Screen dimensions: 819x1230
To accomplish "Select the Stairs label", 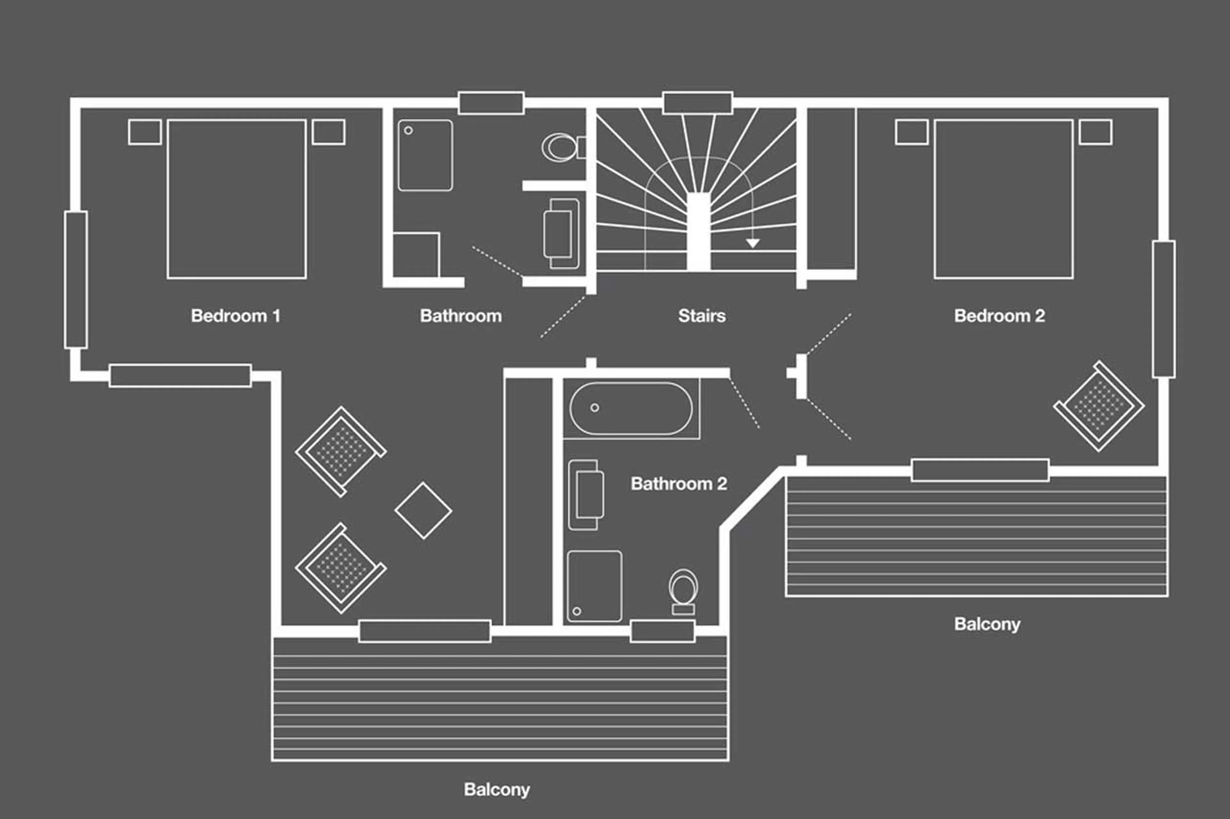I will click(x=701, y=316).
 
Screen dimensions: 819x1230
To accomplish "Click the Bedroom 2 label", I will click(x=999, y=316).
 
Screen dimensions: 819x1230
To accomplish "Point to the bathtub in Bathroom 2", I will click(x=631, y=408).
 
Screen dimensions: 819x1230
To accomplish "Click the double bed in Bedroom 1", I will click(x=236, y=199).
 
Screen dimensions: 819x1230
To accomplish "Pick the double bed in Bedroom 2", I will click(x=1004, y=199).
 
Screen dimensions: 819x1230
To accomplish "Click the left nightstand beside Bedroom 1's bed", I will click(x=144, y=132).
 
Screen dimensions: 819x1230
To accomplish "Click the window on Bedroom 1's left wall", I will click(x=76, y=279).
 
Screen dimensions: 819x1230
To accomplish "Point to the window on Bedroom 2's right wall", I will click(x=1164, y=309).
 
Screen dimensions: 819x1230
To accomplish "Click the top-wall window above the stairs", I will click(x=697, y=103).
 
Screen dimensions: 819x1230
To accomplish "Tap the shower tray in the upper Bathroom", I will click(x=425, y=155).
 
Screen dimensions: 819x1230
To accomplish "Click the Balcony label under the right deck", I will click(x=987, y=624).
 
